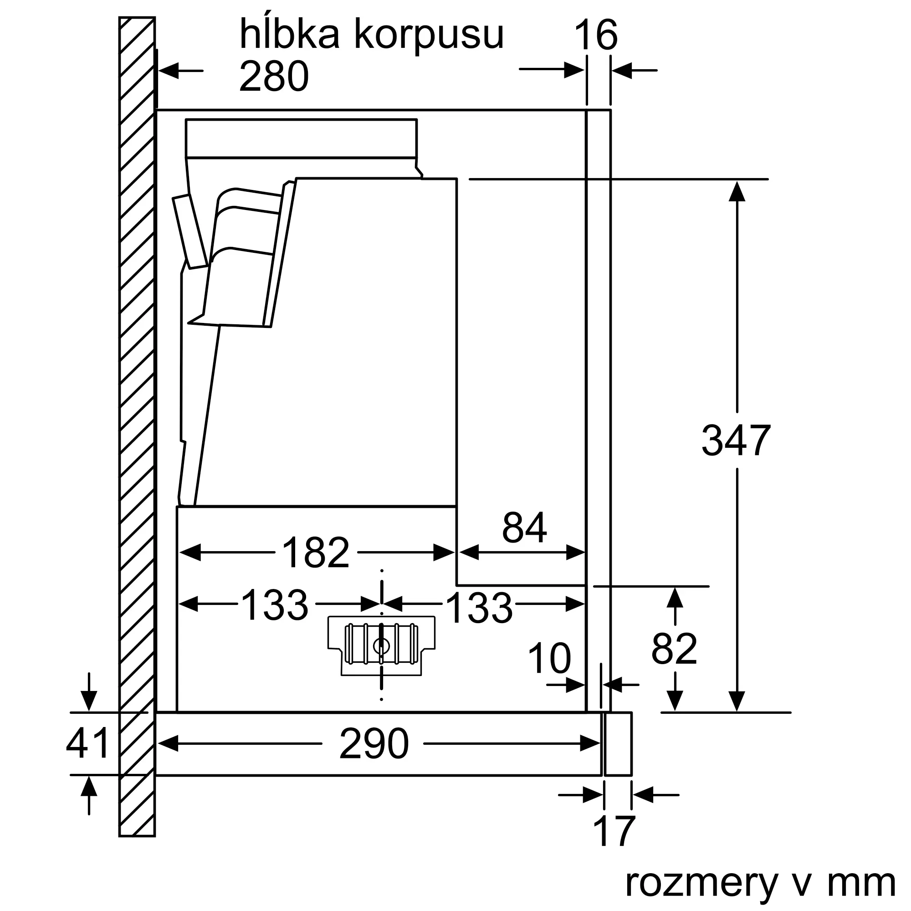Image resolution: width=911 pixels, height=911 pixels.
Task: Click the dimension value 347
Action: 736,441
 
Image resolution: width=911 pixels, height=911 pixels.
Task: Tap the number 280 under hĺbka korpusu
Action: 273,77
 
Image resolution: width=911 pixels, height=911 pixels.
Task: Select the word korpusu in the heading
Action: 429,36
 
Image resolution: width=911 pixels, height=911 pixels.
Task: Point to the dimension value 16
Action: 595,36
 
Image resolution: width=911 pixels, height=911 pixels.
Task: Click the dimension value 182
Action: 316,553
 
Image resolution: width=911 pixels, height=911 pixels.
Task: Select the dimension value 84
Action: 524,527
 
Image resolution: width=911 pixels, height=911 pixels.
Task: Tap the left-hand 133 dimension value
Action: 274,605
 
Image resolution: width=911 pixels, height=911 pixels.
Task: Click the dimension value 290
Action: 374,744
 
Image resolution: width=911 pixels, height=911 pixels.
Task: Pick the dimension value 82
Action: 674,649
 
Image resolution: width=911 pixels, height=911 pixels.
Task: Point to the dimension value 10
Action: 549,658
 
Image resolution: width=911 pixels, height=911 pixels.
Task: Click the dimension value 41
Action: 88,743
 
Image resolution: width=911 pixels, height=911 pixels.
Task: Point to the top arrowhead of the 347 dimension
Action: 737,191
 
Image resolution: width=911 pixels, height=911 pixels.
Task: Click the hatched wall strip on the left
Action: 137,425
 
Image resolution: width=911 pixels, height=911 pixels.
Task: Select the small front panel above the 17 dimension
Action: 618,744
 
